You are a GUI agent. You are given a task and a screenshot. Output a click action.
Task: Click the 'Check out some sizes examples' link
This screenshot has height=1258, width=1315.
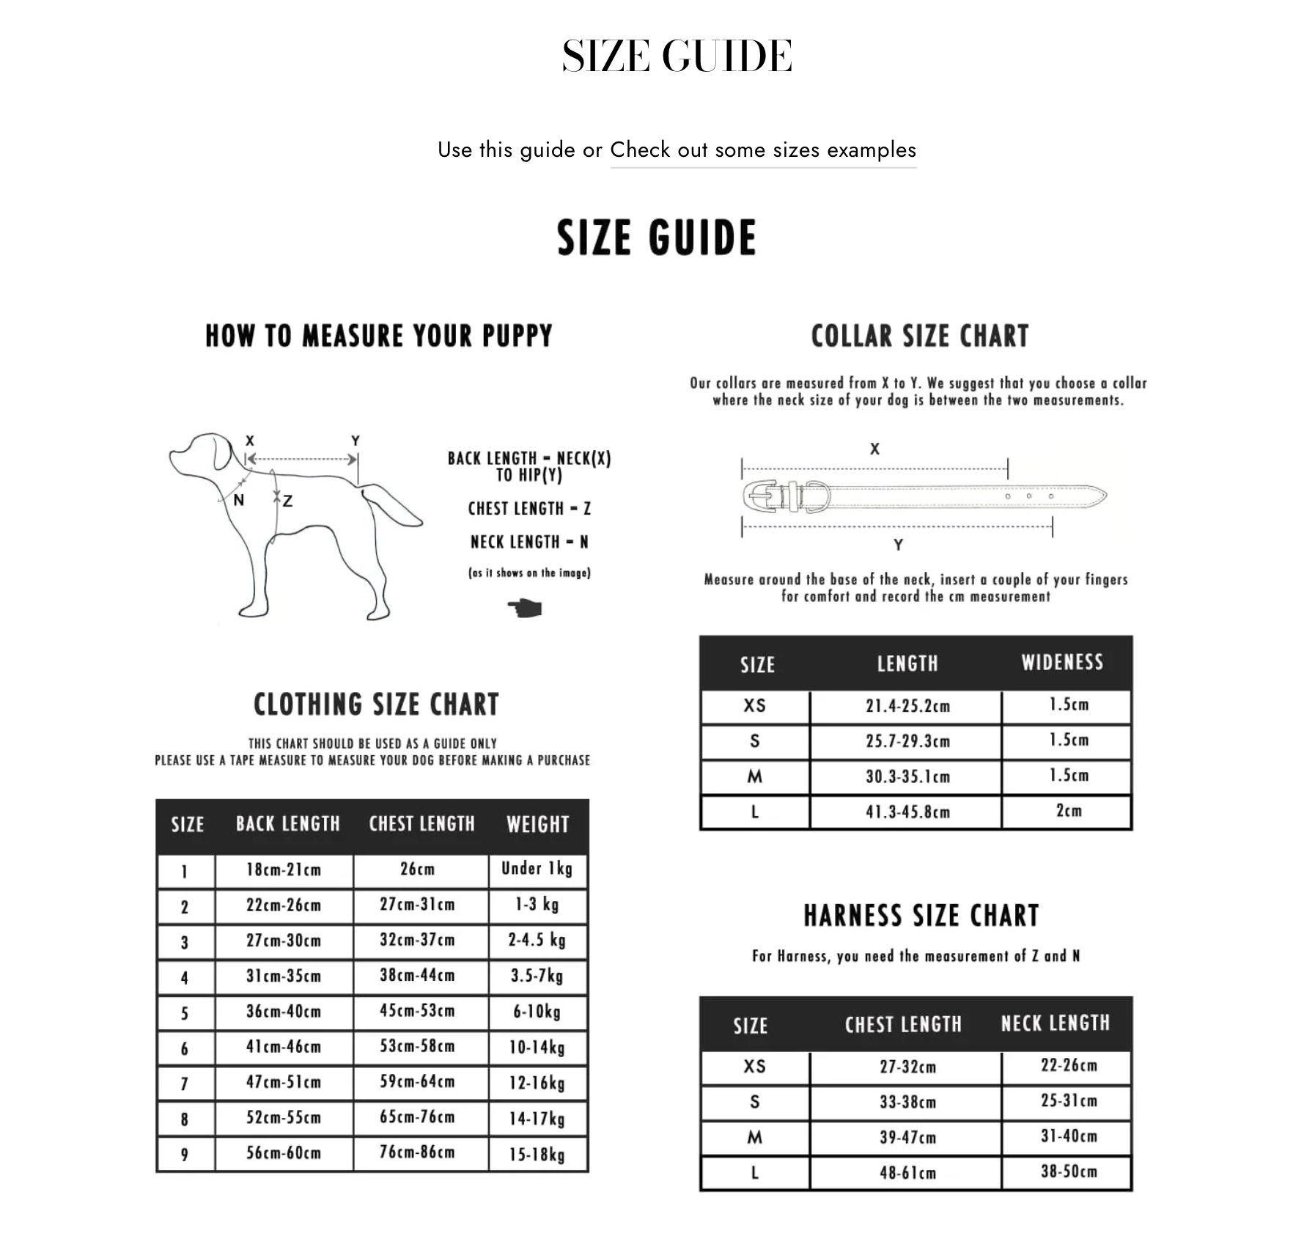(762, 150)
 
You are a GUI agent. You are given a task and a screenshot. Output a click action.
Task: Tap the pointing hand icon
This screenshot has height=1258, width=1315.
(525, 608)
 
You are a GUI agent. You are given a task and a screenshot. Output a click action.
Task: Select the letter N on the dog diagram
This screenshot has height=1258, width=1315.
(238, 500)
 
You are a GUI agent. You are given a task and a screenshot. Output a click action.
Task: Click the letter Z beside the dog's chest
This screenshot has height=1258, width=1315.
(287, 501)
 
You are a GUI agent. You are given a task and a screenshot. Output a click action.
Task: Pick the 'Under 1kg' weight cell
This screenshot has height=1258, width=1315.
(537, 869)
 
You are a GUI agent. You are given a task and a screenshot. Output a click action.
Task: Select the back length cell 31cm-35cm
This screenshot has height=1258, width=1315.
(284, 976)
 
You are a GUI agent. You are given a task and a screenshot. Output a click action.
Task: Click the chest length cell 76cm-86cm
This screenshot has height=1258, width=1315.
(417, 1152)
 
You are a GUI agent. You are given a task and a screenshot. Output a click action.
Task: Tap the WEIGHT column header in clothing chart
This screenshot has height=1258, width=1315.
(537, 825)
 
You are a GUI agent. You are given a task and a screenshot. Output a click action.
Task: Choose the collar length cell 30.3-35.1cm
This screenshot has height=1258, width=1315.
(907, 776)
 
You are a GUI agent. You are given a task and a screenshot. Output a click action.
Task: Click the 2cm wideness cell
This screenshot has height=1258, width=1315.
(1068, 811)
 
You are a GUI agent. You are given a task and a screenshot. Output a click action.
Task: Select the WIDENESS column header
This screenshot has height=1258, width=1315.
(1062, 663)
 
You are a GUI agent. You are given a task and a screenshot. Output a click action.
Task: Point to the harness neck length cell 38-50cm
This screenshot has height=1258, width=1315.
(1069, 1171)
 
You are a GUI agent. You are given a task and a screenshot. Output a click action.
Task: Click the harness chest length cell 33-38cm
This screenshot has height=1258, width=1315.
(907, 1102)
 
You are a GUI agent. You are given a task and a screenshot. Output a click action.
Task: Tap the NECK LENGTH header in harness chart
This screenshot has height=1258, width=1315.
(1056, 1023)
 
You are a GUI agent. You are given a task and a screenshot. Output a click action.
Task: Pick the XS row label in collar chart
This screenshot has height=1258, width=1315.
(755, 706)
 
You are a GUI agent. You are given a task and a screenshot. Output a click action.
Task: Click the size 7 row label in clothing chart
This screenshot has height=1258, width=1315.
(185, 1084)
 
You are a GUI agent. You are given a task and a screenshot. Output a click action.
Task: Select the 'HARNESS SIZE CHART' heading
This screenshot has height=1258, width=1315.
(921, 916)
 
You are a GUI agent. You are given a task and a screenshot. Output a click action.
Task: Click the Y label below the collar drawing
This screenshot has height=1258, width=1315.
(898, 545)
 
